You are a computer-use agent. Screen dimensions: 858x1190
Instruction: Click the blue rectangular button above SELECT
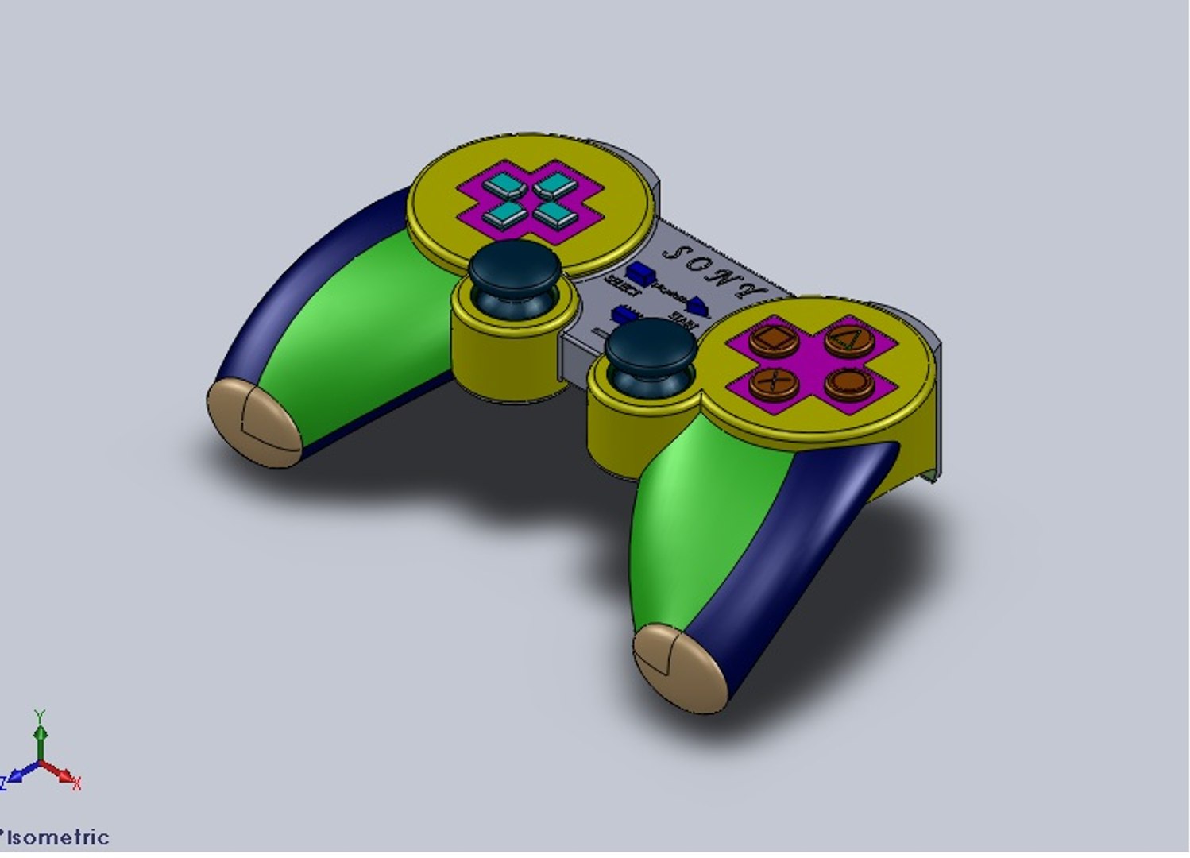pyautogui.click(x=640, y=274)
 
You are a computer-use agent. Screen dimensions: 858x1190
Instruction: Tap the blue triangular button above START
pyautogui.click(x=698, y=304)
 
